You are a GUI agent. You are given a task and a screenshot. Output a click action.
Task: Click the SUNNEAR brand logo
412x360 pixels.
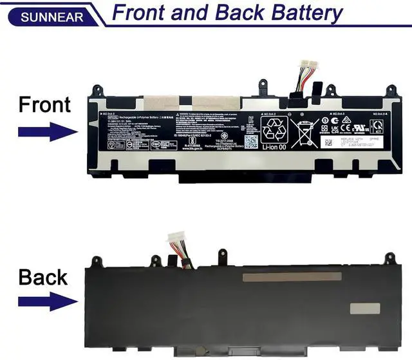[52, 16]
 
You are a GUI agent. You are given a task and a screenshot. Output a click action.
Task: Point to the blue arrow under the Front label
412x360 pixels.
[46, 133]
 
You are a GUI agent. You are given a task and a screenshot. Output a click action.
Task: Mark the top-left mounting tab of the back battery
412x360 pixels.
[97, 261]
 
